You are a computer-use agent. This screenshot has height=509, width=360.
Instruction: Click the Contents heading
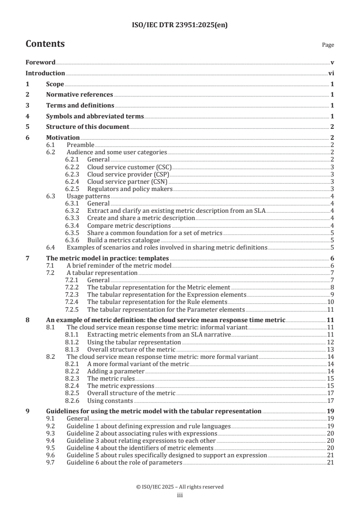coord(45,44)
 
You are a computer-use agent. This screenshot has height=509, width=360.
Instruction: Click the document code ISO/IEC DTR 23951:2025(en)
coord(180,25)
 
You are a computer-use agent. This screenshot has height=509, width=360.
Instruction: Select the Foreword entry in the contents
coord(40,62)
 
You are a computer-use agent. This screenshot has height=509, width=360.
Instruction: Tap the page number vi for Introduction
coord(331,73)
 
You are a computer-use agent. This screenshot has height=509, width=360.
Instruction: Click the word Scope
coord(55,84)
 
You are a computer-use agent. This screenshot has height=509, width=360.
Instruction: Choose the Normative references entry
coord(79,94)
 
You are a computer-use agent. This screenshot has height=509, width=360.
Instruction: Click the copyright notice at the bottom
coord(180,487)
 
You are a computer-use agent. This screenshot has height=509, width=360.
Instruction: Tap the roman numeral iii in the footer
coord(180,495)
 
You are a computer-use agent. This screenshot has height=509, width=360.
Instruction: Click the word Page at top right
coord(328,45)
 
